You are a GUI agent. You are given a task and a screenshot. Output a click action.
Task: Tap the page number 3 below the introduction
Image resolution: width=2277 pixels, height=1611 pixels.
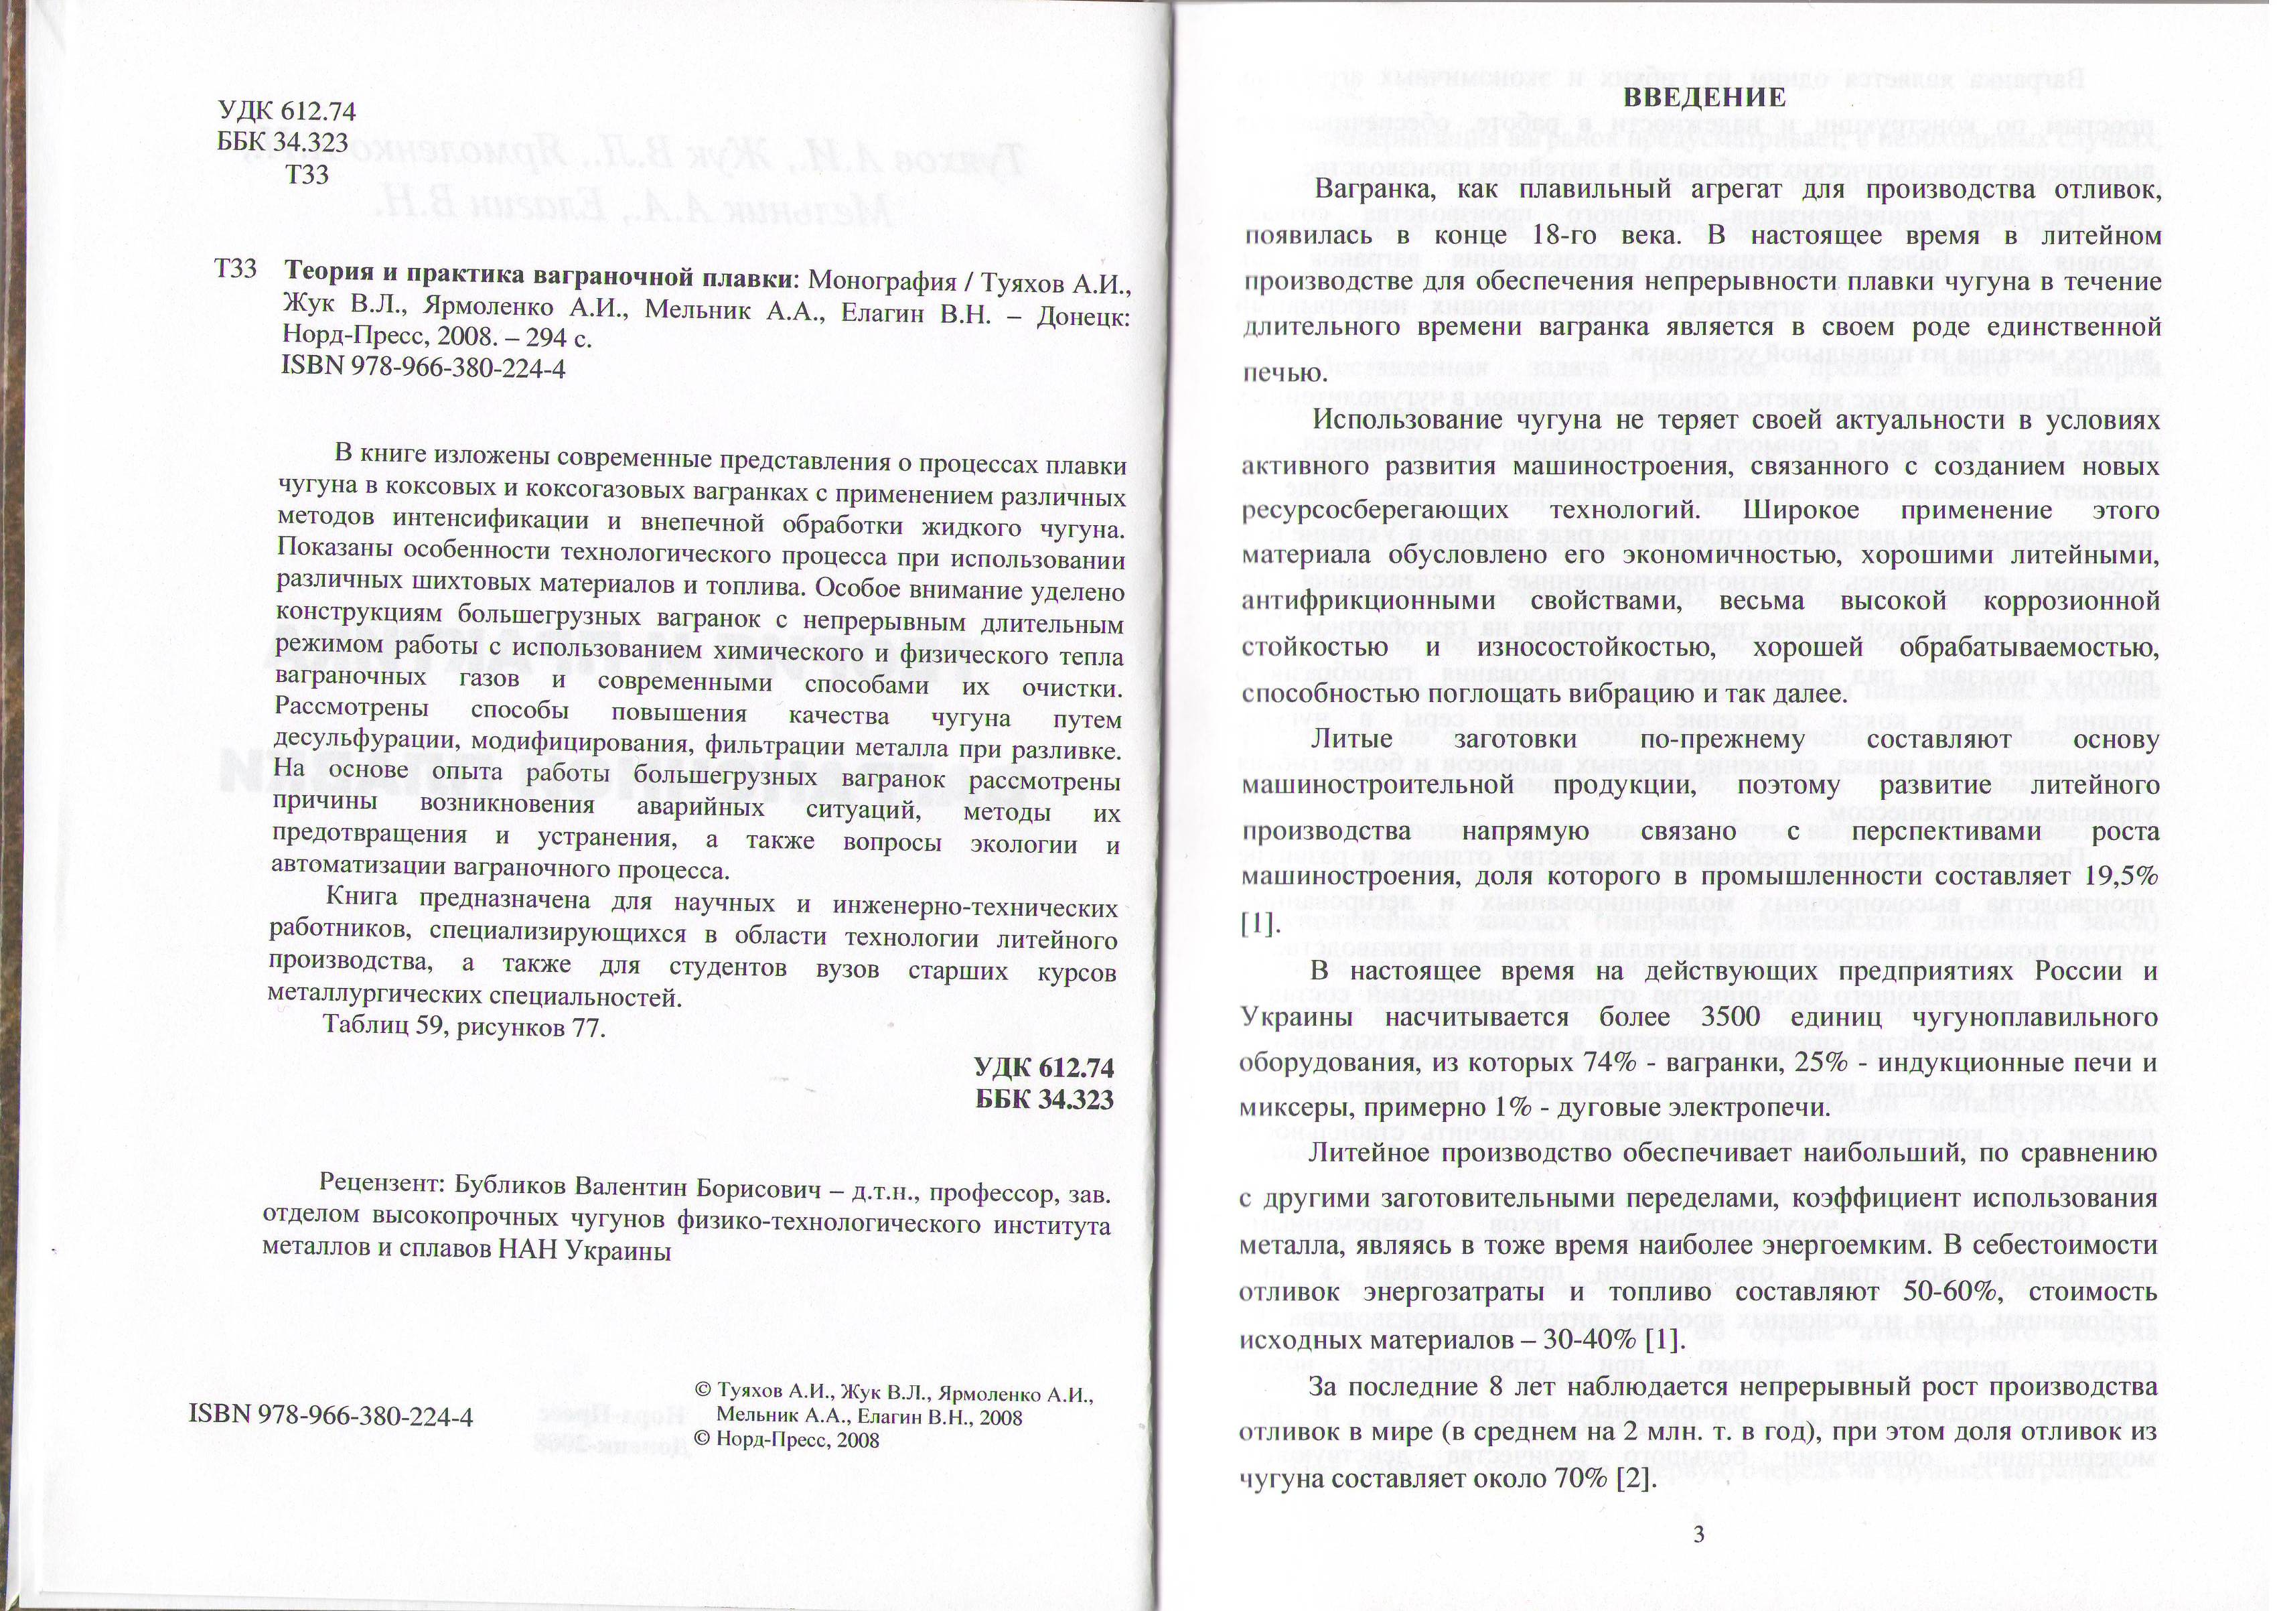pos(1699,1535)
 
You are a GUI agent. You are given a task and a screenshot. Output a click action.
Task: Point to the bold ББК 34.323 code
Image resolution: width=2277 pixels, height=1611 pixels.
pos(1044,1099)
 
